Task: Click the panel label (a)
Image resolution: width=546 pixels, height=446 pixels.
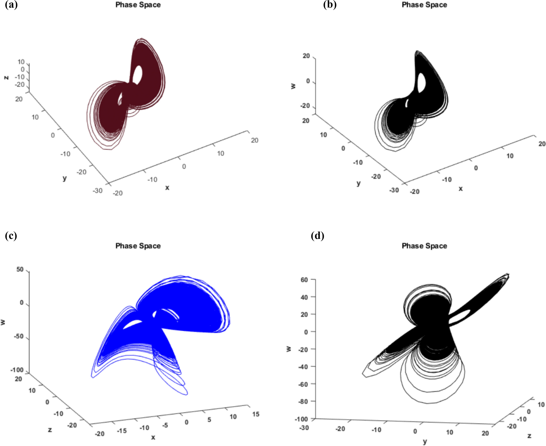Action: pyautogui.click(x=11, y=5)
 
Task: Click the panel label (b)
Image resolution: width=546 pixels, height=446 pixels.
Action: pyautogui.click(x=330, y=5)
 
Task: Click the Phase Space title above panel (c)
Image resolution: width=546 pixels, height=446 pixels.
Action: pyautogui.click(x=138, y=246)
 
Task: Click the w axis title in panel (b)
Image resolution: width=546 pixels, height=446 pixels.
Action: pyautogui.click(x=293, y=86)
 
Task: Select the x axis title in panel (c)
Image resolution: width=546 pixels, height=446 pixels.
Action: pyautogui.click(x=153, y=437)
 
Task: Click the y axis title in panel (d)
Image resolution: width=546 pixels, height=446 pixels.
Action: pyautogui.click(x=425, y=441)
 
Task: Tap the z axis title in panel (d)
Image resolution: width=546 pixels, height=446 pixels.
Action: pyautogui.click(x=529, y=436)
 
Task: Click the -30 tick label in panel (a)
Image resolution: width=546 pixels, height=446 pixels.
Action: pyautogui.click(x=98, y=190)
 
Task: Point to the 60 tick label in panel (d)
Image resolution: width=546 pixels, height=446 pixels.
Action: pyautogui.click(x=304, y=279)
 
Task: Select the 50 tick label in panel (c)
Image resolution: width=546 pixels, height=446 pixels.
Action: pyautogui.click(x=20, y=269)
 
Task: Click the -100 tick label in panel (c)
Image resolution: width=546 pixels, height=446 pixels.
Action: pyautogui.click(x=17, y=370)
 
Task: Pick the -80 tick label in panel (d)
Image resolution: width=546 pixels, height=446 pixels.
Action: pyautogui.click(x=303, y=401)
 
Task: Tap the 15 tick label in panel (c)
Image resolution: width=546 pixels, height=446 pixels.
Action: pyautogui.click(x=256, y=414)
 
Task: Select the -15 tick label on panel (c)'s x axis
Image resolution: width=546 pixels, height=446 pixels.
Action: pyautogui.click(x=122, y=430)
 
